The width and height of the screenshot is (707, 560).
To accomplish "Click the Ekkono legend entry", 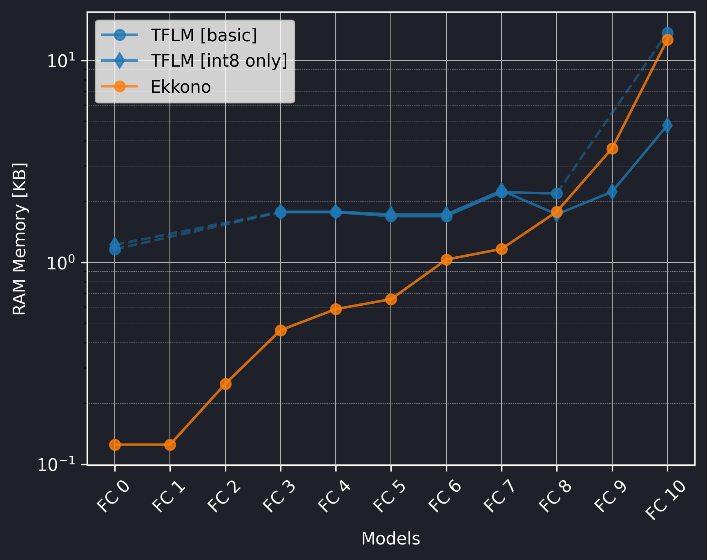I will (180, 87).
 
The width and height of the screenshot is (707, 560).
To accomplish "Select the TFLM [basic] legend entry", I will (203, 35).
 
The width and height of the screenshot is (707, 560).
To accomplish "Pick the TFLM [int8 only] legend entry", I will (219, 61).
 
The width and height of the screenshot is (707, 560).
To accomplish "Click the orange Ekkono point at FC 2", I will (225, 384).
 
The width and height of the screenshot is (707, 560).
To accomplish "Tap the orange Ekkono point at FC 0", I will (115, 445).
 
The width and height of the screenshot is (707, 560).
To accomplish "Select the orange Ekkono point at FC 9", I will (612, 148).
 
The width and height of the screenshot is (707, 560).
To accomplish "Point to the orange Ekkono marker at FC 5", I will (391, 299).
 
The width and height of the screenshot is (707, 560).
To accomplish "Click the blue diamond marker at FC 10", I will (667, 125).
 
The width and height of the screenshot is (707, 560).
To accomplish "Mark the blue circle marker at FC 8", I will (557, 193).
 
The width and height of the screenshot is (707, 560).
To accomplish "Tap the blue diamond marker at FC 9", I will (612, 191).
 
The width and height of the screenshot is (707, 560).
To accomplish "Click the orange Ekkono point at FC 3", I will (281, 330).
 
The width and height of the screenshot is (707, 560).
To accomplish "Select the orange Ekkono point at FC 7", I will (502, 249).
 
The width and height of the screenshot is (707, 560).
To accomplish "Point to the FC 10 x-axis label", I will (664, 500).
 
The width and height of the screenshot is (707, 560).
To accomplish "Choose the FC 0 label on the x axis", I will (113, 497).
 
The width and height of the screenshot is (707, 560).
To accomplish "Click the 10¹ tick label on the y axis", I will (61, 61).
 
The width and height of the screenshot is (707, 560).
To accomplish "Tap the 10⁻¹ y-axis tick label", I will (56, 465).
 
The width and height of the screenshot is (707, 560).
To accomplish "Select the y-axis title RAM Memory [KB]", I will (20, 239).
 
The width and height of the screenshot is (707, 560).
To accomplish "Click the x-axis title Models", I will (390, 539).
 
